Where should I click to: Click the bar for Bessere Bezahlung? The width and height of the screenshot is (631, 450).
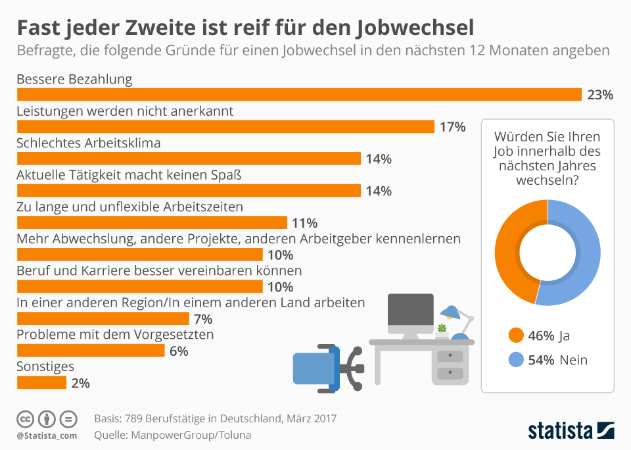coord(299,95)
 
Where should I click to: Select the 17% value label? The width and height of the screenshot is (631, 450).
coord(452,127)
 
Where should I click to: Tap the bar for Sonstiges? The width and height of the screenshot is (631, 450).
coord(41,382)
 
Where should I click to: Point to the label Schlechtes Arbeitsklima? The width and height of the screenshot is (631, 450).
coord(88,143)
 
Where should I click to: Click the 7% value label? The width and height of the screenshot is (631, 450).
coord(203,320)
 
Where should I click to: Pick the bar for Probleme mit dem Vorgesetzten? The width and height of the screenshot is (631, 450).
coord(90,351)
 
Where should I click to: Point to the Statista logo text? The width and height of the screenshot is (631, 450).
coord(560,432)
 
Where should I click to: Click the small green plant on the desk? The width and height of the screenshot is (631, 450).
coord(442,328)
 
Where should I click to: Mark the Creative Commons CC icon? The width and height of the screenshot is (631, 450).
coord(25,419)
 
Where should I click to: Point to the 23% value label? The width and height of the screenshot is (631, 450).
coord(600,95)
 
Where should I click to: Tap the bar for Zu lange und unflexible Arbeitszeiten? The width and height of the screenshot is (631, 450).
coord(152,222)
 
